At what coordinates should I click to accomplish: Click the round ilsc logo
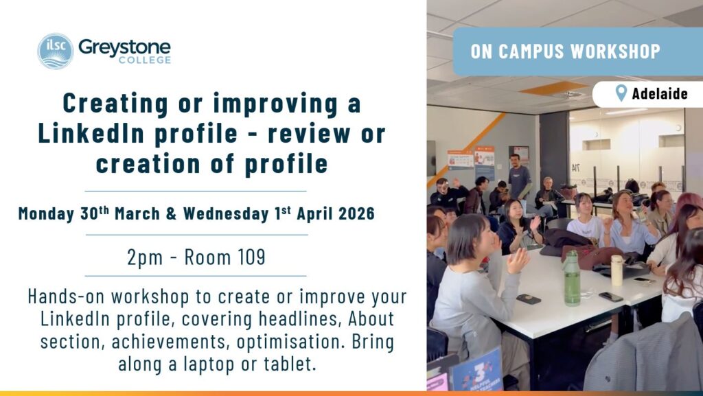[55, 51]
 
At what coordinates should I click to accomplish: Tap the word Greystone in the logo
[124, 47]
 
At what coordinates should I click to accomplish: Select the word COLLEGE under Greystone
[145, 60]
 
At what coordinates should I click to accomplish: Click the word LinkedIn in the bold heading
[93, 134]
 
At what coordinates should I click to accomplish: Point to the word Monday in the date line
[46, 213]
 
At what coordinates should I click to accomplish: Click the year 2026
[356, 213]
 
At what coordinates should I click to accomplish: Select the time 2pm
[145, 258]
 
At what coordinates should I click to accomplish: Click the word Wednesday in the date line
[225, 213]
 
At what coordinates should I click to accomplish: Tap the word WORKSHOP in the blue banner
[615, 51]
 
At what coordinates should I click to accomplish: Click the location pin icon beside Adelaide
[621, 93]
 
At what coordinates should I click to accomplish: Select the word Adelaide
[660, 93]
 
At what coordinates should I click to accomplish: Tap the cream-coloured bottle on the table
[617, 270]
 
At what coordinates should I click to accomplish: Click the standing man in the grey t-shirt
[519, 178]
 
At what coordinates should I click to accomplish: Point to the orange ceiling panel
[555, 88]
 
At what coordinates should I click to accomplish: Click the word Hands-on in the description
[66, 296]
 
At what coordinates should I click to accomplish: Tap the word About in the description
[371, 318]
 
